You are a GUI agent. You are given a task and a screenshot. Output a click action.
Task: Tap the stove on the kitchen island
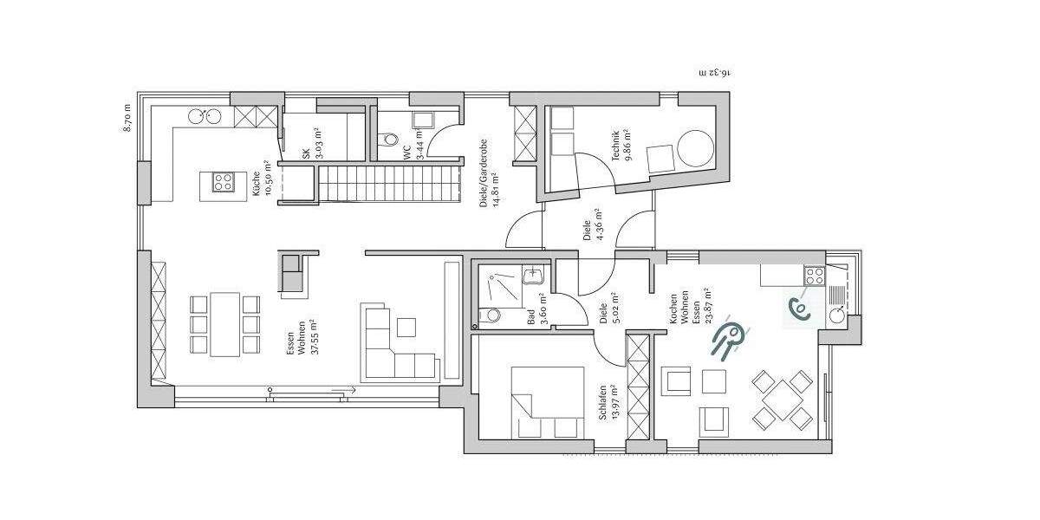click(222, 182)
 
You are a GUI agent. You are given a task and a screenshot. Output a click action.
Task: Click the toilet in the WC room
click(389, 138)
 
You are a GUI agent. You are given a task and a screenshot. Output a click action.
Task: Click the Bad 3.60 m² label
click(537, 309)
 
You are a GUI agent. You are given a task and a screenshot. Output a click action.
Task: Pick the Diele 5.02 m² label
click(608, 308)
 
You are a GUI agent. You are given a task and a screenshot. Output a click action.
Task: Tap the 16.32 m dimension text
click(715, 73)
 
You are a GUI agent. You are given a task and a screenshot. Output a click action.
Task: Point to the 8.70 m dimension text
click(127, 118)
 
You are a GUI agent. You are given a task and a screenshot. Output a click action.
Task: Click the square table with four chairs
click(782, 400)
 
